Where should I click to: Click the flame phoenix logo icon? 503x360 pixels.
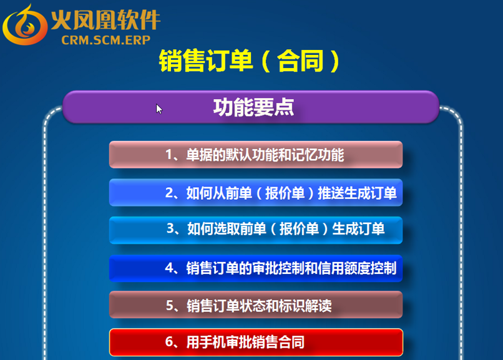tap(25, 25)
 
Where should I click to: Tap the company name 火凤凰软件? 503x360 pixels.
tap(106, 19)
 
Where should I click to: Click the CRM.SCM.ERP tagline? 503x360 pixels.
tap(106, 40)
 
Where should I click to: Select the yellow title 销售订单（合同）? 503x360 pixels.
tap(249, 61)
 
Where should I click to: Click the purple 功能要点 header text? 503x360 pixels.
tap(253, 107)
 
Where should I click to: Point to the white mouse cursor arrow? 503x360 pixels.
tap(159, 109)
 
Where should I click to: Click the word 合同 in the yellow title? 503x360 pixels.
tap(300, 61)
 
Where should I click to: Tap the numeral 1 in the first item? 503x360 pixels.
tap(168, 155)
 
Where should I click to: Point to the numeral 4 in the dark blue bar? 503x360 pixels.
tap(169, 268)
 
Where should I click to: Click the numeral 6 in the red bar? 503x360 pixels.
tap(169, 342)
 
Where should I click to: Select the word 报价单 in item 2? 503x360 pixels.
tap(285, 193)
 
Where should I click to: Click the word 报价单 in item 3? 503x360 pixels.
tap(299, 229)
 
